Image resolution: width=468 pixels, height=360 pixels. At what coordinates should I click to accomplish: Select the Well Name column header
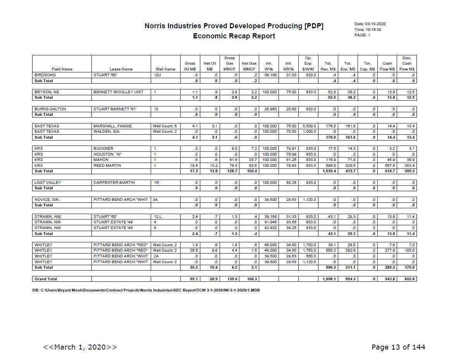165,69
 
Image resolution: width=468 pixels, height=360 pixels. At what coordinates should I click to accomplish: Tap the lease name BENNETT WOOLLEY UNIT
118,92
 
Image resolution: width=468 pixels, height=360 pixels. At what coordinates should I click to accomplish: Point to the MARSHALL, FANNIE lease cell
113,126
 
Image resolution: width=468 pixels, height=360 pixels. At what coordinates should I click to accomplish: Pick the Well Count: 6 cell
165,126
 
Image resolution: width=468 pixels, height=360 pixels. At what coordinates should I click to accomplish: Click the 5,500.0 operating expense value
309,126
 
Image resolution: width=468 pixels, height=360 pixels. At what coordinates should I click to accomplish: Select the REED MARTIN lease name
107,166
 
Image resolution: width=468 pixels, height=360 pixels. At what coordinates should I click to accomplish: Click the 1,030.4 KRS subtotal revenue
327,171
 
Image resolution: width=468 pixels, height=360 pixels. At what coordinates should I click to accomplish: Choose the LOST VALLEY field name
48,183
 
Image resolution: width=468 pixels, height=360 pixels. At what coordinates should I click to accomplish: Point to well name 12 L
158,217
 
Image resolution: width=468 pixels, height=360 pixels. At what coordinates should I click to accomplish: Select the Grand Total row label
46,279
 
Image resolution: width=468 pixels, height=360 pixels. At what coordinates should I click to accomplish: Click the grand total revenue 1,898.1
327,279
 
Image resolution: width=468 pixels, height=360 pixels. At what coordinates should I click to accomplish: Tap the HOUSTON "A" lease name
108,154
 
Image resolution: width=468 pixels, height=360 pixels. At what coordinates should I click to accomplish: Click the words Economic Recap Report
234,36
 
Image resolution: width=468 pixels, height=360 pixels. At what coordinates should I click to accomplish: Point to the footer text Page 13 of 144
398,347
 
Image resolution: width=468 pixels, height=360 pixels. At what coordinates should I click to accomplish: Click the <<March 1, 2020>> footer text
80,347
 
